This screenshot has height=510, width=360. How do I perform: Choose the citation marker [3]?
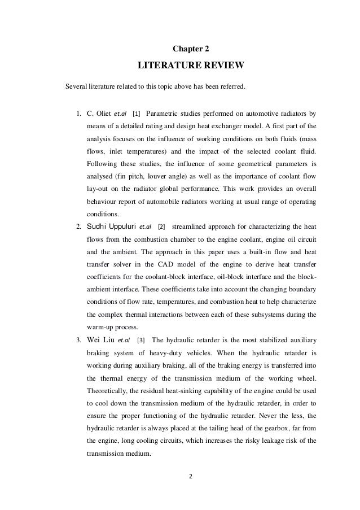pyautogui.click(x=141, y=340)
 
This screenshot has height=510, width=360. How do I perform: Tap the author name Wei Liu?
pyautogui.click(x=99, y=340)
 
